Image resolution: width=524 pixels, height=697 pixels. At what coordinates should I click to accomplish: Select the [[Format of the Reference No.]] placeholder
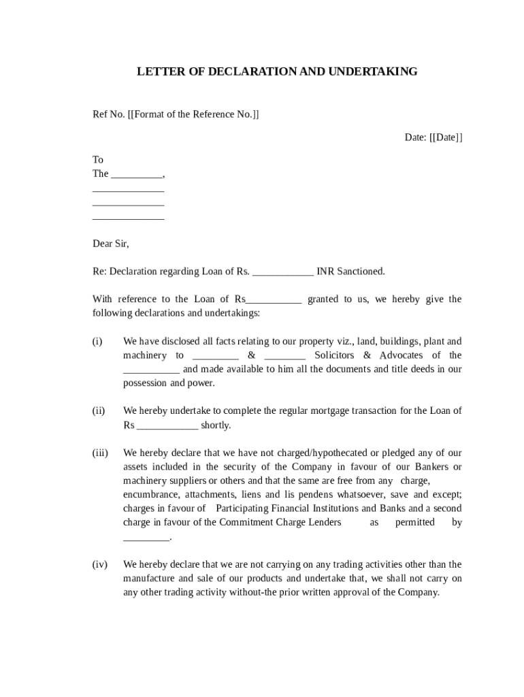[x=193, y=114]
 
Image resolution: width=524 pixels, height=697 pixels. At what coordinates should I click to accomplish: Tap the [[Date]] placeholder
[x=446, y=137]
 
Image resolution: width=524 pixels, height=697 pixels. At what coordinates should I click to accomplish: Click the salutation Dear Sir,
[x=110, y=244]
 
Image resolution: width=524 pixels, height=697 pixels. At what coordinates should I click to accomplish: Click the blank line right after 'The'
[x=137, y=174]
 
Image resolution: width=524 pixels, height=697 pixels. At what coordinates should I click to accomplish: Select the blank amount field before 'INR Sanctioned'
[x=282, y=272]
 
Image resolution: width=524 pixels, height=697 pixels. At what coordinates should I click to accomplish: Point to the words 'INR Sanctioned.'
[x=351, y=272]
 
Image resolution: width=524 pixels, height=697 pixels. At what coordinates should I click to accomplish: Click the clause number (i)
[x=98, y=342]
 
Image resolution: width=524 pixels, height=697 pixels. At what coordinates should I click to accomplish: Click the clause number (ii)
[x=99, y=411]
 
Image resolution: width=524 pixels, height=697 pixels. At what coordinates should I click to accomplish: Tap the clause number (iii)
[x=100, y=453]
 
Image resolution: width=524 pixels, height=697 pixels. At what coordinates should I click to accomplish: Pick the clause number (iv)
[x=100, y=564]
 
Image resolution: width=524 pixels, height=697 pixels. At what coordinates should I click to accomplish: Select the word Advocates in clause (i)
[x=401, y=355]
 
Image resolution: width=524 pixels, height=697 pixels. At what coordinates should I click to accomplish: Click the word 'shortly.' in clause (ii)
[x=216, y=425]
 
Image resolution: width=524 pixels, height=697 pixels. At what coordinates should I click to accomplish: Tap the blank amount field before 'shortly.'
[x=167, y=425]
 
